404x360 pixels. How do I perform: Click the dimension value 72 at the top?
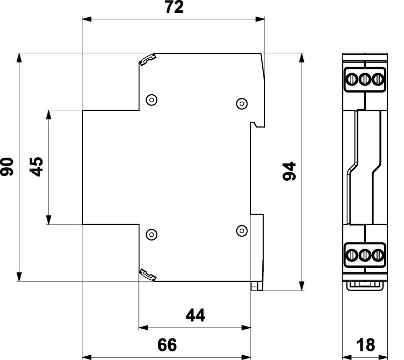(174, 7)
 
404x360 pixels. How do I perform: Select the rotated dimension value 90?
(7, 167)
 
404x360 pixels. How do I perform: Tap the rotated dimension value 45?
(37, 166)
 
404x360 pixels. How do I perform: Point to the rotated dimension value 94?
(289, 171)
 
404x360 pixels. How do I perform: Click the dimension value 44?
(196, 315)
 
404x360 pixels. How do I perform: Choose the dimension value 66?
(167, 345)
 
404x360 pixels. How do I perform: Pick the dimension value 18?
(366, 345)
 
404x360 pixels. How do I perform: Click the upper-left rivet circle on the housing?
(152, 100)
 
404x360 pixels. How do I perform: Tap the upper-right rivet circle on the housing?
(242, 103)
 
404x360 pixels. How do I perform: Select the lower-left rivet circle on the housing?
(152, 235)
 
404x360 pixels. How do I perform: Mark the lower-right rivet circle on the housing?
(242, 230)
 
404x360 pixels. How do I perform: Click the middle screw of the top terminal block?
(365, 79)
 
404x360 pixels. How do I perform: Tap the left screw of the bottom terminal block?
(351, 255)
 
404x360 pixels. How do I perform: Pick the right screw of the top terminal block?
(378, 79)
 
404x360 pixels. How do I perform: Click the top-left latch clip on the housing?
(148, 59)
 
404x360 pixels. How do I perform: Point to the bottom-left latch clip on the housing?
(148, 274)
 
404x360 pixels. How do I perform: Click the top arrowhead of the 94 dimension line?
(302, 58)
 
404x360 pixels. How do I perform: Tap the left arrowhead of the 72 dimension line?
(87, 19)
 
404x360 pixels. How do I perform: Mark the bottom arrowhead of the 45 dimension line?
(48, 220)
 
